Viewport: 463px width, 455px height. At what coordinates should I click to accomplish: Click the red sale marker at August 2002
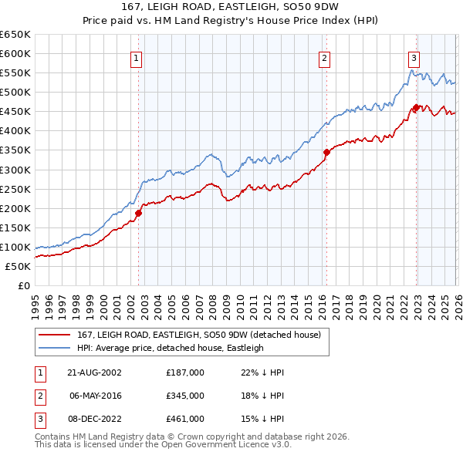pos(139,213)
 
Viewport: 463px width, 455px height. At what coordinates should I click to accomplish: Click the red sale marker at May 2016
pos(326,152)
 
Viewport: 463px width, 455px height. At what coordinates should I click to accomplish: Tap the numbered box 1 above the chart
pos(137,58)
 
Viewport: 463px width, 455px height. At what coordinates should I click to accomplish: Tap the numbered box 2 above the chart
pos(324,58)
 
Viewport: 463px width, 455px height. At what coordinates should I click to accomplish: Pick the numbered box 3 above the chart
pos(414,58)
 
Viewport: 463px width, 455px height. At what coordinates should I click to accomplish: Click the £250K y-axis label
pos(15,189)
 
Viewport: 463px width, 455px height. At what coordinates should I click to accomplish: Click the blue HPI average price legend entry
pos(170,348)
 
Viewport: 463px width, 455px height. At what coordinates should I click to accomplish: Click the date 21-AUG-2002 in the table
pos(95,372)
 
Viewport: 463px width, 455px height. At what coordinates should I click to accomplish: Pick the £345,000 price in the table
pos(184,395)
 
